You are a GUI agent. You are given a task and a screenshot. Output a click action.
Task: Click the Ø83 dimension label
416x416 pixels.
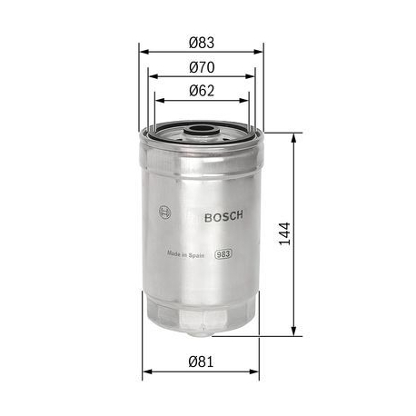click(x=201, y=42)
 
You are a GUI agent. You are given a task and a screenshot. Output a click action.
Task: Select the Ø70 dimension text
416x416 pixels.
click(x=201, y=66)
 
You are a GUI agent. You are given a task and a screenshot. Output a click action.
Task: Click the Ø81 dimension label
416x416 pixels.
click(x=201, y=361)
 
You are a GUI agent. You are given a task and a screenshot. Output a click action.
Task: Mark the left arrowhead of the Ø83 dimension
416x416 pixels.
click(x=143, y=53)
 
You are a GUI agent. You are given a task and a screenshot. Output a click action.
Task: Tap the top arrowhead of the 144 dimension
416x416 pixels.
click(x=293, y=137)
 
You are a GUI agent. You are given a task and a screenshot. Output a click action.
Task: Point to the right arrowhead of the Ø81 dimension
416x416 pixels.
click(x=258, y=371)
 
